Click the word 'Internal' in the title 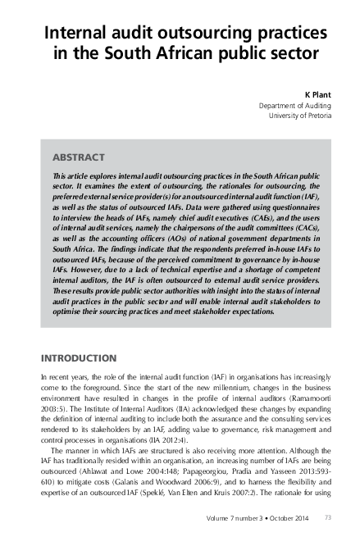pyautogui.click(x=75, y=34)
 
